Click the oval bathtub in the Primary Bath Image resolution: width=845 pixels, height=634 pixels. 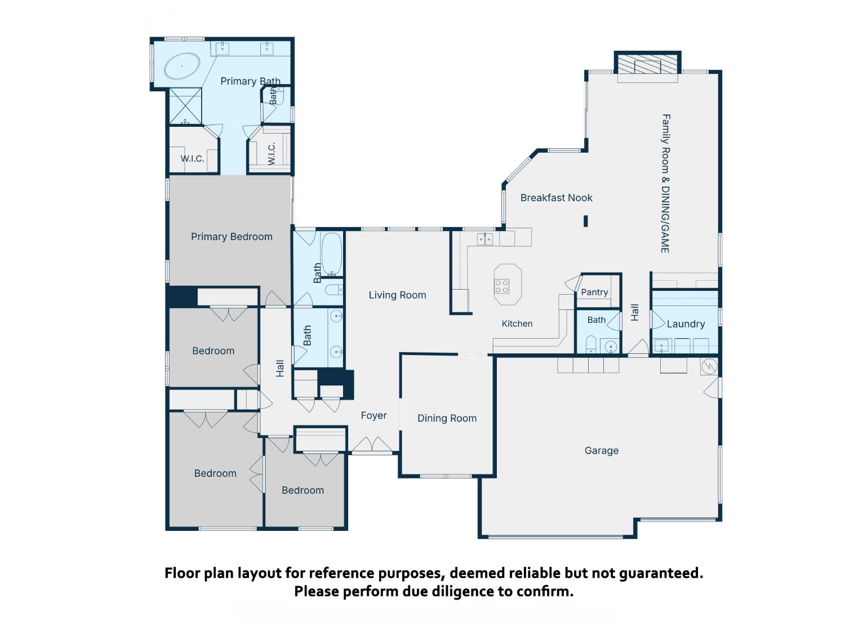pyautogui.click(x=182, y=66)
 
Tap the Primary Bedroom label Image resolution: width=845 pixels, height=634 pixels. pyautogui.click(x=232, y=236)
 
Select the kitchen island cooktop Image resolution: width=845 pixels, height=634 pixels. pyautogui.click(x=502, y=286)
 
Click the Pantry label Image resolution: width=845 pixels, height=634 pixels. pyautogui.click(x=594, y=292)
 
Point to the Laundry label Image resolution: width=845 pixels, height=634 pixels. pyautogui.click(x=686, y=324)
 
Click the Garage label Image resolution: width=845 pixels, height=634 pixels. pyautogui.click(x=601, y=450)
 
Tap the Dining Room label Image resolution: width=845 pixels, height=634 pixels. pyautogui.click(x=447, y=418)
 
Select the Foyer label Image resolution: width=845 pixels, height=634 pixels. pyautogui.click(x=373, y=415)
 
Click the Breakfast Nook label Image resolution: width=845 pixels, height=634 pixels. pyautogui.click(x=556, y=197)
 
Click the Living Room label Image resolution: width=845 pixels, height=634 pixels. pyautogui.click(x=397, y=295)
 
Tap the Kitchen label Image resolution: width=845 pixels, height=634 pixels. pyautogui.click(x=517, y=323)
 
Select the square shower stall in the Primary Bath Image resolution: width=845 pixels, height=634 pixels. pyautogui.click(x=185, y=107)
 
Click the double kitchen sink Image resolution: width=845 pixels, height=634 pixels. pyautogui.click(x=484, y=239)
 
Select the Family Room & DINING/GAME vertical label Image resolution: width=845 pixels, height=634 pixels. pyautogui.click(x=665, y=183)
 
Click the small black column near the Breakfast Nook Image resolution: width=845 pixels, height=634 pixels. pyautogui.click(x=585, y=221)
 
